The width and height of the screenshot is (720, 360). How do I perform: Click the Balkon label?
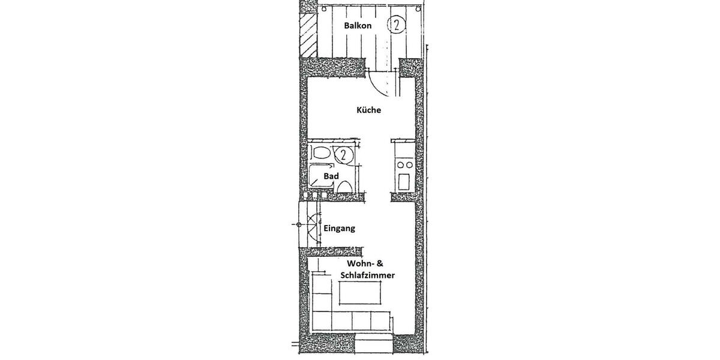(358, 26)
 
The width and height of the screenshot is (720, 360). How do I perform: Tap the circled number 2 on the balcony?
(395, 25)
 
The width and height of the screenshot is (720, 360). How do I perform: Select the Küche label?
(368, 110)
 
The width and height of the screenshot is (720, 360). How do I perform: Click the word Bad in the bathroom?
(331, 176)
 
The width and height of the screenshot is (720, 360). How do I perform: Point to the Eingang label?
(339, 229)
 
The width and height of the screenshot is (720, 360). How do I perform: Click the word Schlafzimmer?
(367, 275)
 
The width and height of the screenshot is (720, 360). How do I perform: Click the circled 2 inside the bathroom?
(343, 155)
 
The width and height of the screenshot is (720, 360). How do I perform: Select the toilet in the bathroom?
(344, 188)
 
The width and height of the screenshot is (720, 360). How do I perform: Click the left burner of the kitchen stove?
(399, 165)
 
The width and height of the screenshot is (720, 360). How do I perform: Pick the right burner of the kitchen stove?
(409, 165)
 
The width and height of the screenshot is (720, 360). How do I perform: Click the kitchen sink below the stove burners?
(404, 181)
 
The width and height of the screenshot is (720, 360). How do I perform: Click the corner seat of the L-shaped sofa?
(323, 320)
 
